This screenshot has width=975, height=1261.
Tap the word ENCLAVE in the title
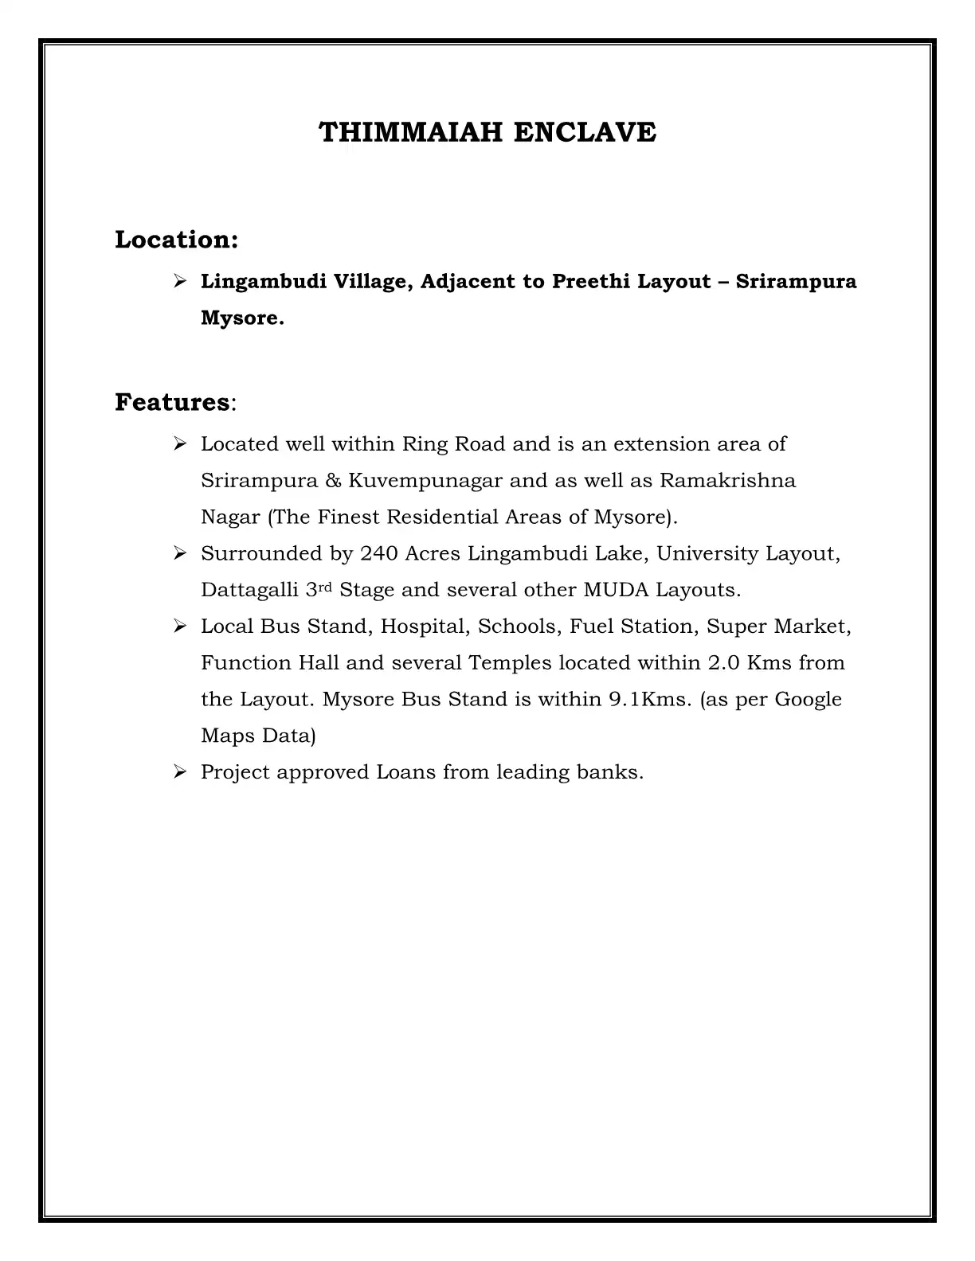585,132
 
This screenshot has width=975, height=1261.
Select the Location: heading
177,240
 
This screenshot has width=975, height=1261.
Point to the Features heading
172,403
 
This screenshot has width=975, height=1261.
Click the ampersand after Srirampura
333,482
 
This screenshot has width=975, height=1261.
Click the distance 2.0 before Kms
723,663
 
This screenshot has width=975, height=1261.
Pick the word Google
808,701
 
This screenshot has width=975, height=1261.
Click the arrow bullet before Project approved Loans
179,771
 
